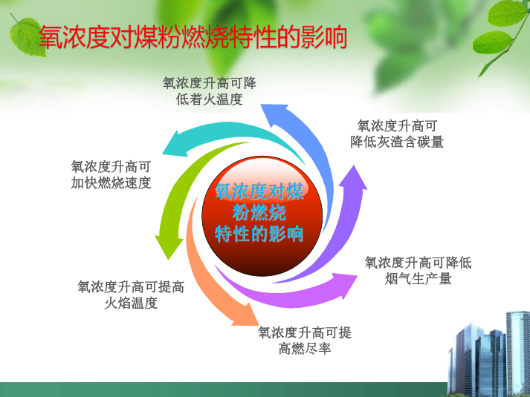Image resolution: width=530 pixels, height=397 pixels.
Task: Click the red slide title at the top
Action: (x=193, y=37)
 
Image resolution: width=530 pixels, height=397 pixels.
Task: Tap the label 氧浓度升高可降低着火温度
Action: (x=210, y=91)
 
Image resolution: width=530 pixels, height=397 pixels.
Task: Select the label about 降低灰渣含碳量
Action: (x=397, y=134)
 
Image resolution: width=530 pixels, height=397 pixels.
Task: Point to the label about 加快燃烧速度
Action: (x=111, y=174)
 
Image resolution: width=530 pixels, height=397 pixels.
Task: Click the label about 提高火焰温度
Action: (x=131, y=295)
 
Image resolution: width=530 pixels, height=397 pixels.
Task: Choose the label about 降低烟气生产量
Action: (x=418, y=271)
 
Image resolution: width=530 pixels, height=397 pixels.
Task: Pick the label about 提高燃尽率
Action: (x=305, y=341)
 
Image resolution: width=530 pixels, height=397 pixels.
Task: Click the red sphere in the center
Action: (x=262, y=216)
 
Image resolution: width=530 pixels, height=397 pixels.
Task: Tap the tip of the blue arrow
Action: (x=261, y=105)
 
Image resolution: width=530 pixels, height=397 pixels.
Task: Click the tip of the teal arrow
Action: (x=163, y=154)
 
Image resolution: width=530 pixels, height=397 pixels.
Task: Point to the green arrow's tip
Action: (x=168, y=260)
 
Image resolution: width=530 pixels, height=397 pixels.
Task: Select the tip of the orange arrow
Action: (x=259, y=325)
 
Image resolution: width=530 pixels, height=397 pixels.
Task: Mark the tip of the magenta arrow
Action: (x=358, y=276)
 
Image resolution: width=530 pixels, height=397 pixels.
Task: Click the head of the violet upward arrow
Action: (x=354, y=166)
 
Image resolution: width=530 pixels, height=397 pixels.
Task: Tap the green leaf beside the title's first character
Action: (x=27, y=37)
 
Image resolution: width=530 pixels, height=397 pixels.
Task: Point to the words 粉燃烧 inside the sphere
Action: (x=259, y=212)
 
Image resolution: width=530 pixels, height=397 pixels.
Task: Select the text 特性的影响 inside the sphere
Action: (x=259, y=234)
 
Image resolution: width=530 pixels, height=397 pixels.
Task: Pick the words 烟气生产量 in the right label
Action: (x=418, y=278)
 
